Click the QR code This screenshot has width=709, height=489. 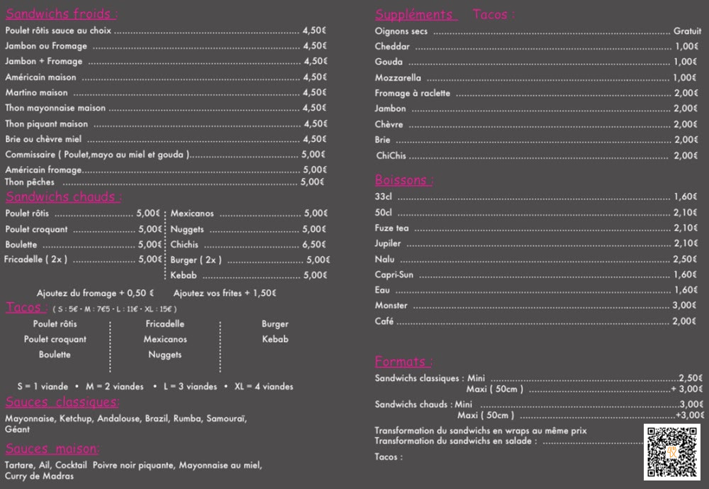point(671,451)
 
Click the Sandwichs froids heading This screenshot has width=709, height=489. point(61,14)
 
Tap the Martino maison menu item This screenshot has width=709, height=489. point(36,92)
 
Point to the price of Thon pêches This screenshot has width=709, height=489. point(313,182)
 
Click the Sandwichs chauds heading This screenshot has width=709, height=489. point(63,197)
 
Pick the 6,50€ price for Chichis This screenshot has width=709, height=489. point(315,244)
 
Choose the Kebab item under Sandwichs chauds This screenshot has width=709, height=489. point(184,275)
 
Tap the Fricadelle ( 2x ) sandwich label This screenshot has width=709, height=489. point(35,259)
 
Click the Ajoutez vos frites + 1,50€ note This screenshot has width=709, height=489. point(225,293)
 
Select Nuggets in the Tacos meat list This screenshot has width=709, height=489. point(164,354)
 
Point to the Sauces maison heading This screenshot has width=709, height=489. point(52,449)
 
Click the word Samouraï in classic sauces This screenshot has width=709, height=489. point(226,419)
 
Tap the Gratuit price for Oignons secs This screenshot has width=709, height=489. point(687,31)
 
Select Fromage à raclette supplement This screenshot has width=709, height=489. point(412,93)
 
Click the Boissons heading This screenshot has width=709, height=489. point(403,180)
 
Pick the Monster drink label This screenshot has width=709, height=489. point(391,305)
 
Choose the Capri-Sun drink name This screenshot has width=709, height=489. point(394,275)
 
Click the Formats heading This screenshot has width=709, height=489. point(403,362)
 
